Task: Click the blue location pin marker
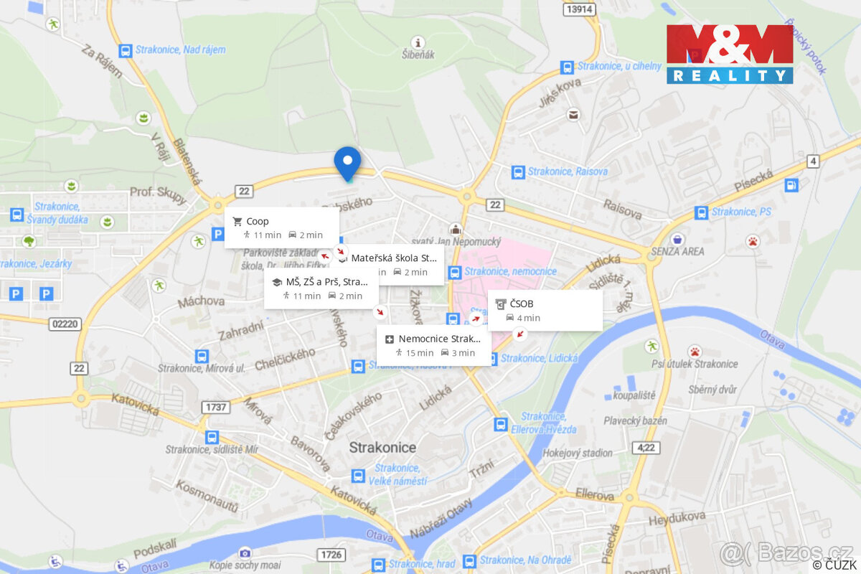(347, 162)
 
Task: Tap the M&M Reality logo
(730, 54)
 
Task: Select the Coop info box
(282, 227)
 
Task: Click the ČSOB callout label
(545, 310)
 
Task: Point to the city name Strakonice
(382, 447)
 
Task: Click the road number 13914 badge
(579, 9)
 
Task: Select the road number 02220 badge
(65, 324)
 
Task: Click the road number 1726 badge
(331, 555)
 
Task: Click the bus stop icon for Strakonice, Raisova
(518, 172)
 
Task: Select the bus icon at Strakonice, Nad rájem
(126, 51)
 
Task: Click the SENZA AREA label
(677, 251)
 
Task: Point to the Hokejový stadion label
(577, 453)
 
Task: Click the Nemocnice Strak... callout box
(434, 345)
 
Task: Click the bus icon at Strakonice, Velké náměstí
(357, 476)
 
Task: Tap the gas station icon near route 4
(791, 185)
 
